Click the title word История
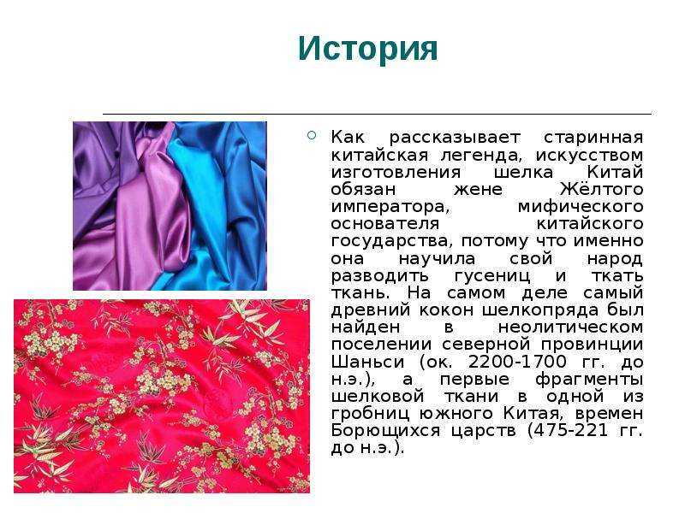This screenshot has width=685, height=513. point(367,49)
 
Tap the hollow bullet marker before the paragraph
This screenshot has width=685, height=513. point(312,135)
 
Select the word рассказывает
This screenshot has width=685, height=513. point(455,138)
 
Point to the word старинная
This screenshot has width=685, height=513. point(593,138)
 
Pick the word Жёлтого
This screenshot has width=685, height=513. point(602,189)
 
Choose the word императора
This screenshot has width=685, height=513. point(390,207)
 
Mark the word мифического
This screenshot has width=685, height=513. point(581,207)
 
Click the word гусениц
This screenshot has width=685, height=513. point(492,276)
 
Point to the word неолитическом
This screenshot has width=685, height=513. point(570,327)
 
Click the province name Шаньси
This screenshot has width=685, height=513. point(367,362)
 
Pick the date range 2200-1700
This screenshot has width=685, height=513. point(517,362)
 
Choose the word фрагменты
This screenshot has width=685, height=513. point(589,380)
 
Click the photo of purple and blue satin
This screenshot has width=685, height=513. point(170,206)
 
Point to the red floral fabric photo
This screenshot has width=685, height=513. point(162,396)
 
